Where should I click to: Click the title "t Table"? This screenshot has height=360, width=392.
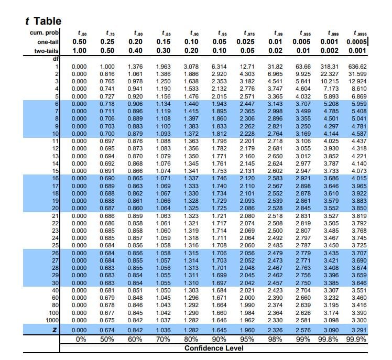pyautogui.click(x=43, y=21)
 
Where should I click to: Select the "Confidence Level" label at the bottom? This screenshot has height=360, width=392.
pyautogui.click(x=215, y=348)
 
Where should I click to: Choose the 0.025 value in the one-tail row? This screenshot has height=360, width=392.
pyautogui.click(x=246, y=42)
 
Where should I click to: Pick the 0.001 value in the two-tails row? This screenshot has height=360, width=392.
pyautogui.click(x=356, y=51)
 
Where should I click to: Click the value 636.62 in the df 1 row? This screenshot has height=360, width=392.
pyautogui.click(x=357, y=67)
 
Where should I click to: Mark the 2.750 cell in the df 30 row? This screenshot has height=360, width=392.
pyautogui.click(x=303, y=283)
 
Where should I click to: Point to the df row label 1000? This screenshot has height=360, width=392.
pyautogui.click(x=51, y=320)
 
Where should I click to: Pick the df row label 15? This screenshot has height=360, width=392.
pyautogui.click(x=53, y=170)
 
